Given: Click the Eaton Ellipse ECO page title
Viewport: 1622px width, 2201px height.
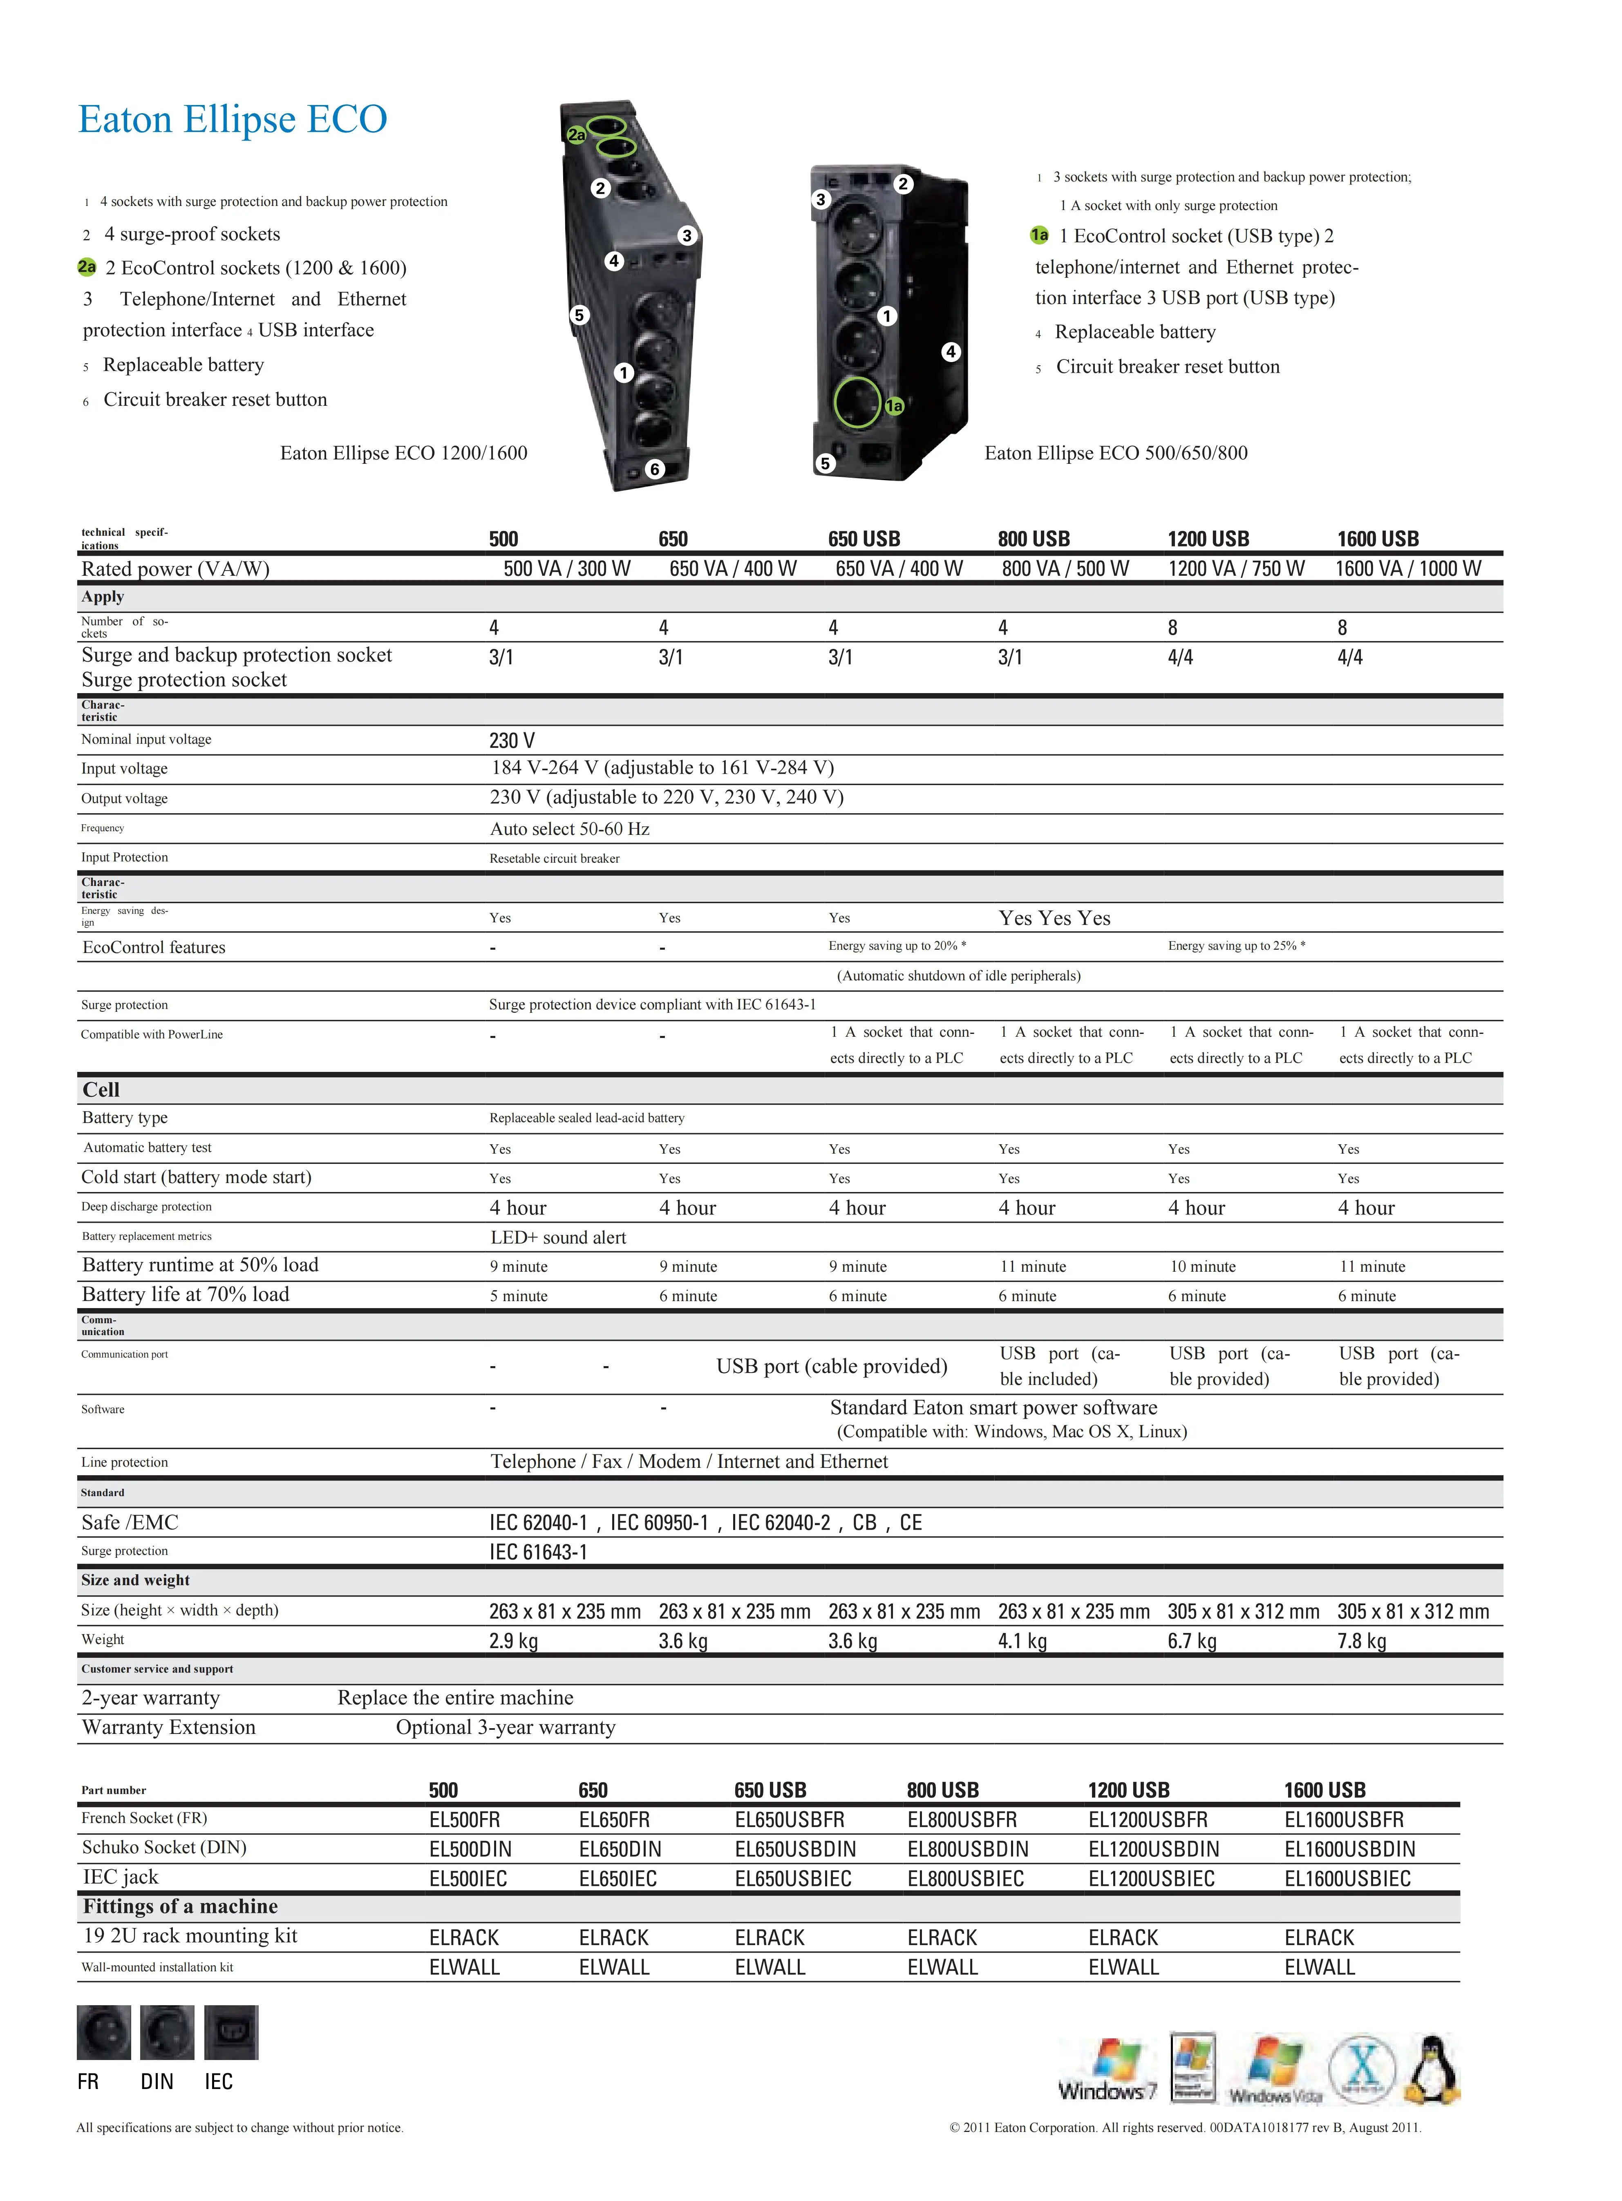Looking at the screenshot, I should [233, 120].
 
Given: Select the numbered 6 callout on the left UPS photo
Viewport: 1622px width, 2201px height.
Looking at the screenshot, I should [655, 469].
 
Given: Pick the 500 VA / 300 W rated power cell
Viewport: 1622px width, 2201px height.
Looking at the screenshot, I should [566, 568].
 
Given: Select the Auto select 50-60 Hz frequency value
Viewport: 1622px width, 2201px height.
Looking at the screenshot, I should [569, 829].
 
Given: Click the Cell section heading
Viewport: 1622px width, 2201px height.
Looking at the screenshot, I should [101, 1090].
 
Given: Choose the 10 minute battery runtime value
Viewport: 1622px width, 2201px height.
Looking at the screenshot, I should [1203, 1266].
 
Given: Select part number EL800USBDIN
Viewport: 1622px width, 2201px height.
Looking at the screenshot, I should [967, 1849].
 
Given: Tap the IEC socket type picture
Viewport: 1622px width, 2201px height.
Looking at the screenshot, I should [231, 2032].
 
